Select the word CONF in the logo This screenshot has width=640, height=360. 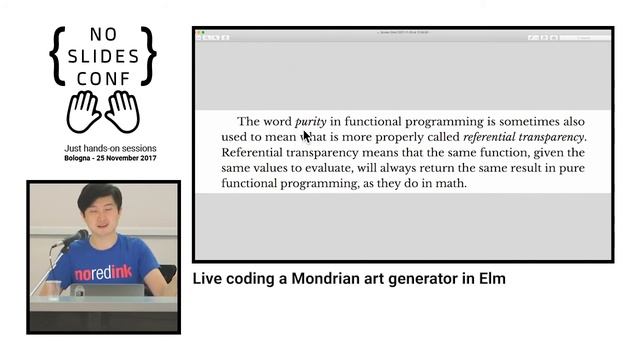pyautogui.click(x=103, y=76)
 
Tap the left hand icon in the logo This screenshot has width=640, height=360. pyautogui.click(x=84, y=111)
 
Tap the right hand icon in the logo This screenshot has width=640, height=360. pyautogui.click(x=122, y=111)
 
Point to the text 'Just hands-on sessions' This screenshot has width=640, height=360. pyautogui.click(x=103, y=148)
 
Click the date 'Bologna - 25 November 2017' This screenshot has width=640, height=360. pyautogui.click(x=103, y=160)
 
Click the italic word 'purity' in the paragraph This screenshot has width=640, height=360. pyautogui.click(x=311, y=121)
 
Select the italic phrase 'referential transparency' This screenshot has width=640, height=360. pyautogui.click(x=524, y=137)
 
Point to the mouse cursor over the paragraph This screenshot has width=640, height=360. pyautogui.click(x=307, y=135)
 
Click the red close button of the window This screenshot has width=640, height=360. pyautogui.click(x=199, y=34)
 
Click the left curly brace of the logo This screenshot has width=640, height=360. pyautogui.click(x=58, y=55)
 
